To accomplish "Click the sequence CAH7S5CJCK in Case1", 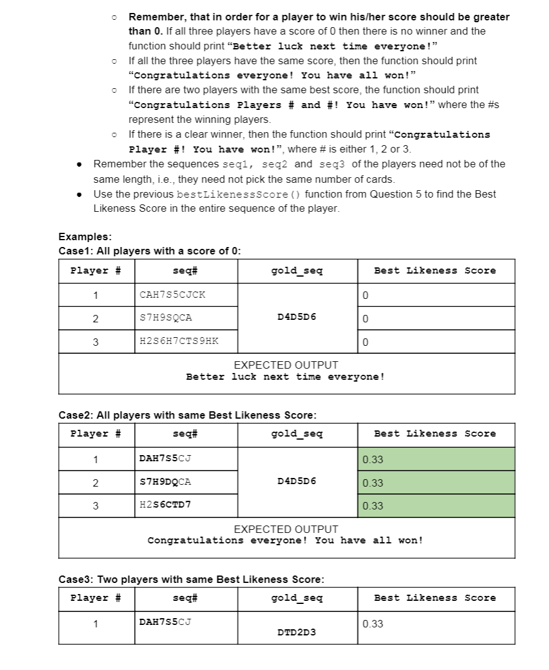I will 172,295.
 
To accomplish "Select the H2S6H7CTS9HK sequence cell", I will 179,341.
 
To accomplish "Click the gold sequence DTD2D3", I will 297,632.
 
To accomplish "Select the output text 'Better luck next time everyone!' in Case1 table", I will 286,377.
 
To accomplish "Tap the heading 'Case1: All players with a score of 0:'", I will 150,251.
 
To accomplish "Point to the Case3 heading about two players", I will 191,579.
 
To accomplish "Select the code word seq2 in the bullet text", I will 276,164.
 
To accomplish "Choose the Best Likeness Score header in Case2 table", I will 435,433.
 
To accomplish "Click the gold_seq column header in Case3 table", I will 297,598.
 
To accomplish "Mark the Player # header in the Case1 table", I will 95,270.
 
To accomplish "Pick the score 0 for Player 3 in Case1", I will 366,341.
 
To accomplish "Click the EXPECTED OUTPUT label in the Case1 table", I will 286,365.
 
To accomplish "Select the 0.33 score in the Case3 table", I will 373,624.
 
